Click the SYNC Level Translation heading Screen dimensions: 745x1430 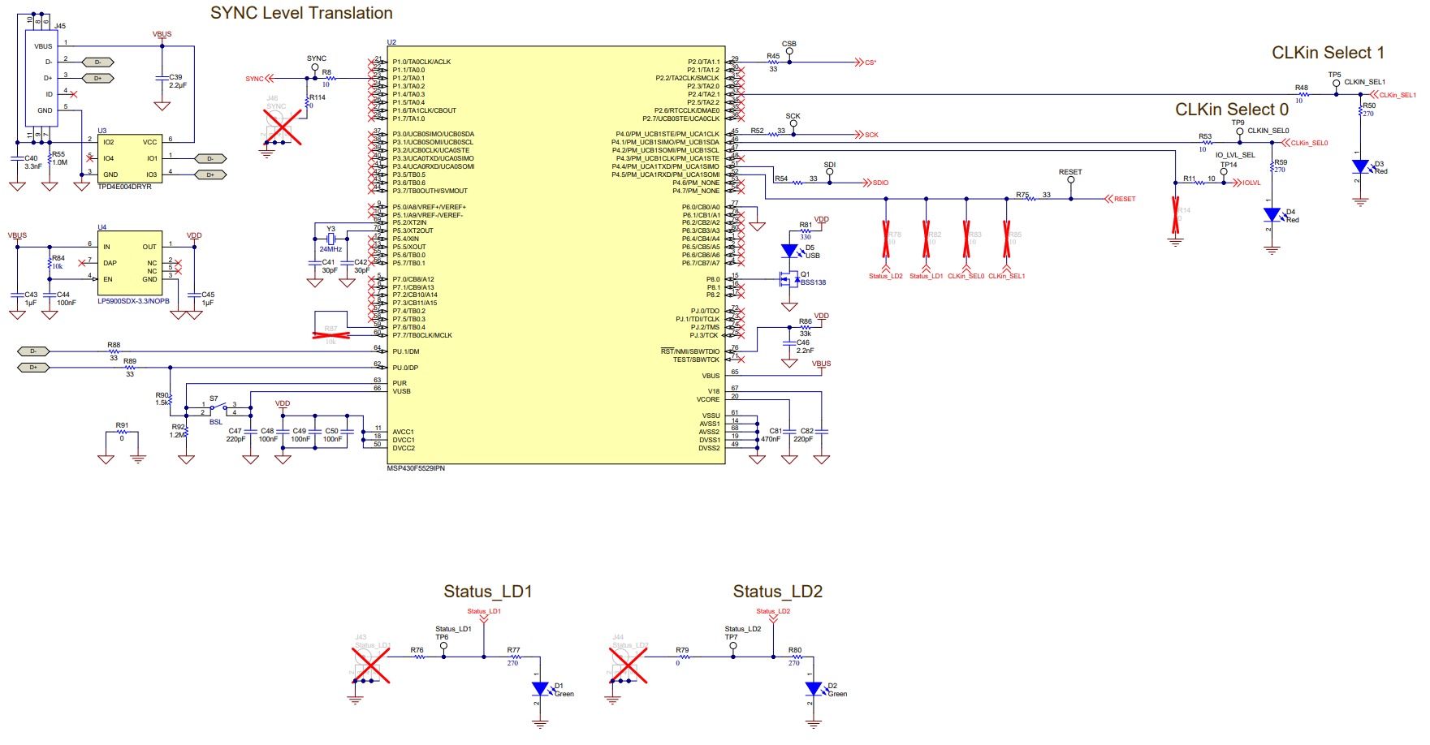[x=301, y=13]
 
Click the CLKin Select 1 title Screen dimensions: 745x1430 [x=1328, y=53]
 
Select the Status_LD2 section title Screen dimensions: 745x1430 [x=777, y=592]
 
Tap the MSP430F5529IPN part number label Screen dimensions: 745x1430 [x=416, y=468]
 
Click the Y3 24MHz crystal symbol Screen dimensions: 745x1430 [x=330, y=239]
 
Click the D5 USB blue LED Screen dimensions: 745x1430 [x=789, y=252]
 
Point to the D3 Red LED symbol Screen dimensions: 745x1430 [x=1360, y=167]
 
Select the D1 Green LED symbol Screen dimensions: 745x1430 [x=540, y=689]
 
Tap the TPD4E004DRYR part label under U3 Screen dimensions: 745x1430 [x=124, y=187]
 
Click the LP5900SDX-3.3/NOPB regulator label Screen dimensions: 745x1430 [x=133, y=301]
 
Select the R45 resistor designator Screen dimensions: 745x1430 [x=773, y=56]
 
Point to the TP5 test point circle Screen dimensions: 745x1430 [x=1336, y=83]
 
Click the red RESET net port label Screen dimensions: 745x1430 [x=1121, y=199]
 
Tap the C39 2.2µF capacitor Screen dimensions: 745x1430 [x=162, y=78]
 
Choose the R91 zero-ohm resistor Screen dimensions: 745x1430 [x=122, y=432]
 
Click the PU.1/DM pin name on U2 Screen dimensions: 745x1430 [x=406, y=351]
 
